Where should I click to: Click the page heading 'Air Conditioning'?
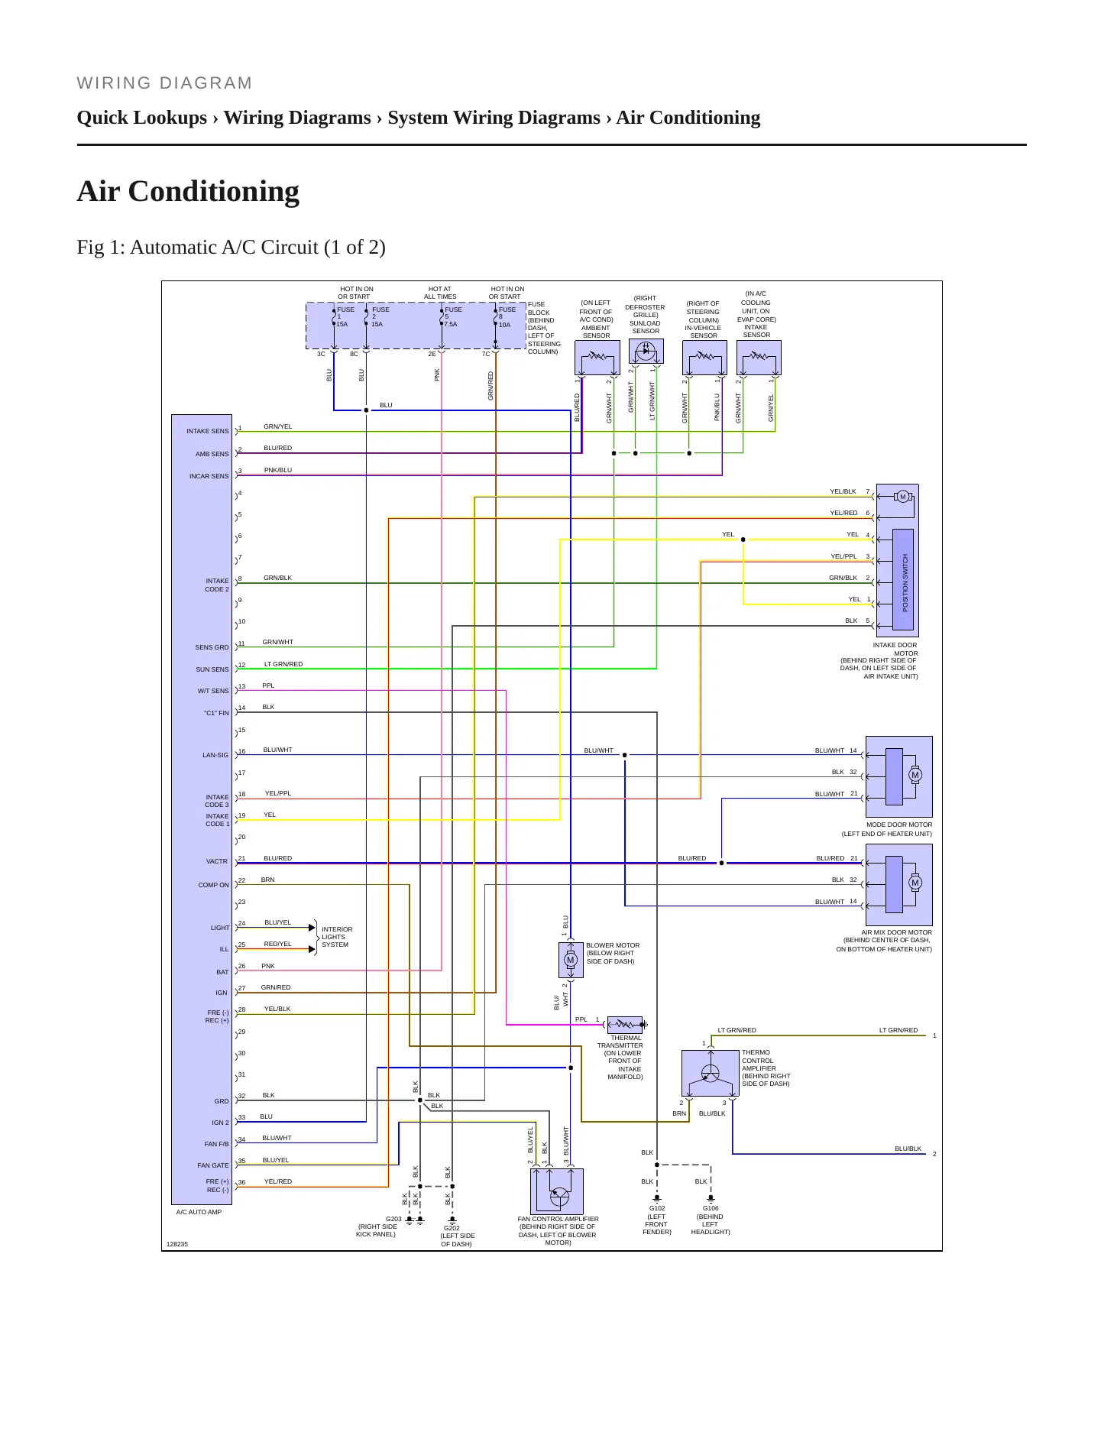coord(188,191)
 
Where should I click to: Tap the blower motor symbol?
coord(571,960)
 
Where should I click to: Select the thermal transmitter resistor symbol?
coord(625,1024)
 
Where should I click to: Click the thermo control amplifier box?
coord(710,1073)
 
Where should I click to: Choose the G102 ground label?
coord(657,1208)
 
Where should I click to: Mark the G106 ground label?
coord(711,1208)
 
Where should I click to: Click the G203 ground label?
coord(393,1219)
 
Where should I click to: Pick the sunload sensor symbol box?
coord(646,352)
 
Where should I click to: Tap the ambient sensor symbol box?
coord(597,358)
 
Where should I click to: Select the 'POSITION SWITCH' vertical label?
coord(905,582)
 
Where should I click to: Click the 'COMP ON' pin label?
coord(214,885)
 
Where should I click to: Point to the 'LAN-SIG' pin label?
coord(215,755)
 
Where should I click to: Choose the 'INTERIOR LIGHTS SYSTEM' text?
coord(337,937)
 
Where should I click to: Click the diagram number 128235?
coord(177,1244)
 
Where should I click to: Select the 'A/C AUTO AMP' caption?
coord(199,1212)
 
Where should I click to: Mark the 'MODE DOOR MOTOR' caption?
coord(899,825)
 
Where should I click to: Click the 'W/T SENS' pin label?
coord(214,691)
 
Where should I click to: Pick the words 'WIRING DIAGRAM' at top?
coord(165,83)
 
